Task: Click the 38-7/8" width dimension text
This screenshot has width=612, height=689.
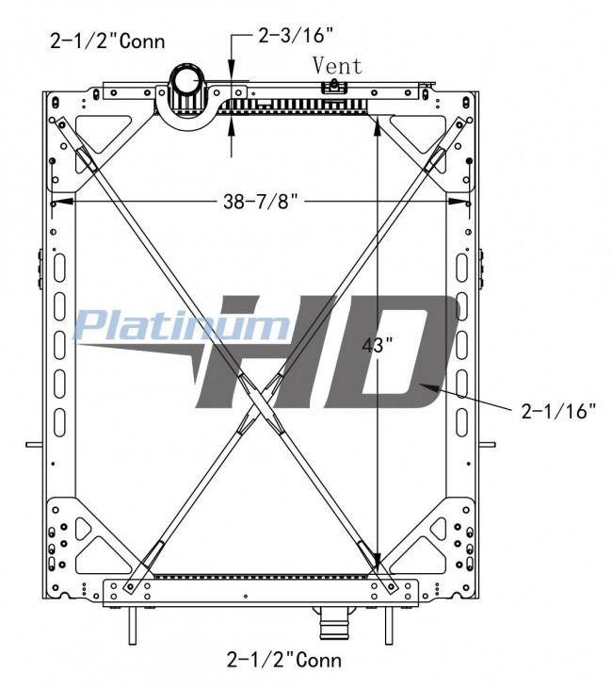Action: point(261,202)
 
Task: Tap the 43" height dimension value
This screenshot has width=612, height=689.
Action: point(373,345)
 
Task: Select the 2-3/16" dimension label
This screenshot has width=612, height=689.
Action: point(296,35)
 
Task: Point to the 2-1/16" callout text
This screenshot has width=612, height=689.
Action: point(558,411)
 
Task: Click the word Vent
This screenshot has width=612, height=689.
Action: point(337,66)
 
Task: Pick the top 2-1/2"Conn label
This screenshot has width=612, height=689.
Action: point(108,41)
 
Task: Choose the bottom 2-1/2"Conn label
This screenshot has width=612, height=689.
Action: point(284,660)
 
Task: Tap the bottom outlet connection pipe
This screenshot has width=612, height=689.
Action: point(333,623)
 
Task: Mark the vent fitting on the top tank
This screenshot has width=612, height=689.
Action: point(334,87)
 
